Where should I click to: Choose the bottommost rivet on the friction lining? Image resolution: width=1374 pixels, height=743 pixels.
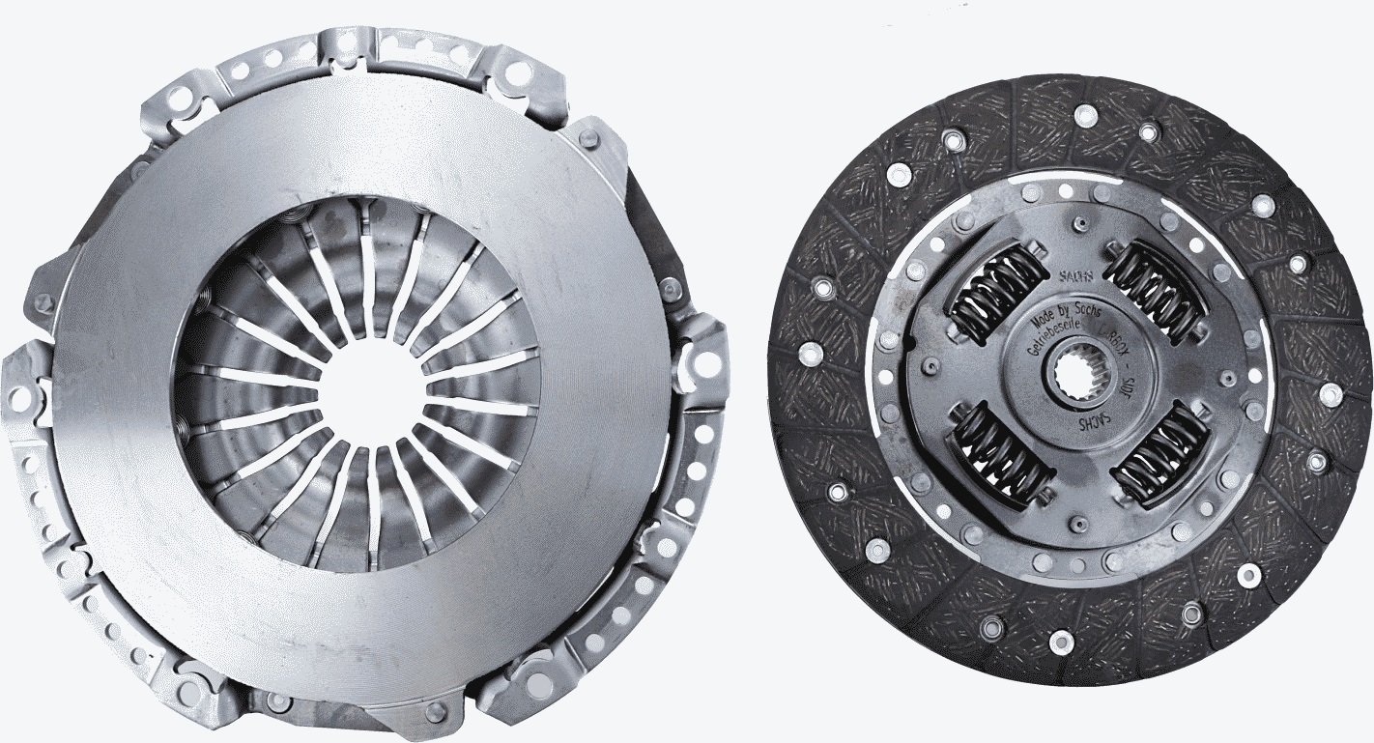click(1060, 639)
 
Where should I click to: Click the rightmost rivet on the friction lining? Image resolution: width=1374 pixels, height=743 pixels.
click(1331, 392)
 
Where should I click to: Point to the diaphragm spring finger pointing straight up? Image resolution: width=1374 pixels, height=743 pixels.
click(367, 261)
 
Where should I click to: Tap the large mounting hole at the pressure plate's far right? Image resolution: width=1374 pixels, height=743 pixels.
click(706, 363)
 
